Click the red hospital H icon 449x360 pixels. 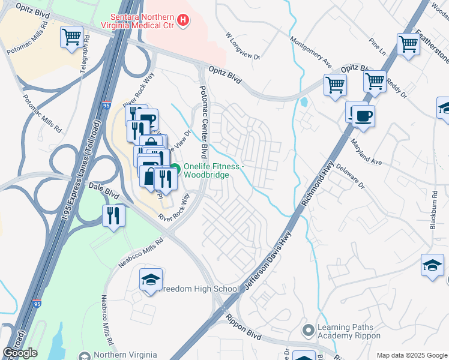point(184,20)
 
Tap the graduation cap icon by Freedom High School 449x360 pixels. point(151,280)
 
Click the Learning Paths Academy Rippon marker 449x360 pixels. point(309,331)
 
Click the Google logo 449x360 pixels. point(20,353)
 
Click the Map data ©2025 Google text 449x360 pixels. point(412,355)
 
